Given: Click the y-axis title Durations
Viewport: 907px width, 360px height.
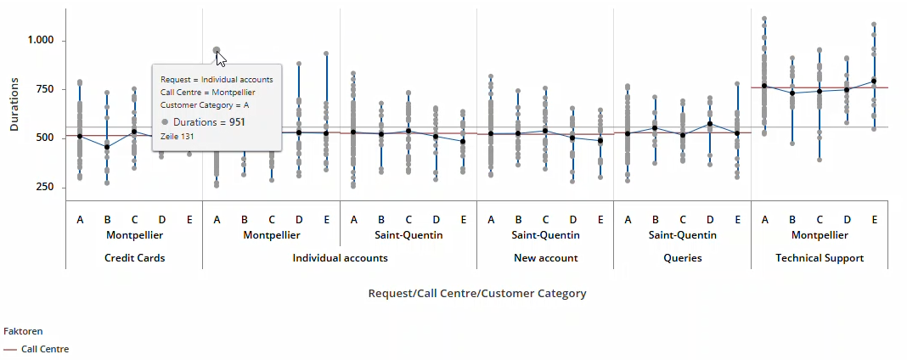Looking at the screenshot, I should click(14, 104).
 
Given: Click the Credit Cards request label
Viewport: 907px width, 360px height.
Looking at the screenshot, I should click(134, 258).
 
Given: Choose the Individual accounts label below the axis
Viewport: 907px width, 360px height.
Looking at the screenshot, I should click(340, 258).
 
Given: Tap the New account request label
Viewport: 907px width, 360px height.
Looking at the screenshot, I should click(545, 258).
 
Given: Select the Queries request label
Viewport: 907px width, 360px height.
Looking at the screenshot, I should click(683, 258).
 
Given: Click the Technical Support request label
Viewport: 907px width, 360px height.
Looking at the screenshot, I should click(820, 258).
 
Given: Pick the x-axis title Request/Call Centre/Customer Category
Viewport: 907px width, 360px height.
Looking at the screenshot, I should click(476, 294).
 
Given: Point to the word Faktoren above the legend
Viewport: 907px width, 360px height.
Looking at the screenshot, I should click(23, 331).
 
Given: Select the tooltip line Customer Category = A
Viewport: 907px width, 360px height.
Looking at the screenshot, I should click(205, 105).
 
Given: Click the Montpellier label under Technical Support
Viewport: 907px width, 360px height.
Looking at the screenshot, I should click(820, 235).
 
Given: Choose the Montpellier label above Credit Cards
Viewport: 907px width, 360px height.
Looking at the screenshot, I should click(134, 235).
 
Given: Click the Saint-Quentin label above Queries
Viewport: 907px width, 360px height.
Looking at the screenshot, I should click(683, 235).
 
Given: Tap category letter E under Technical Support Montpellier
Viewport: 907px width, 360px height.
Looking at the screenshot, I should click(874, 220).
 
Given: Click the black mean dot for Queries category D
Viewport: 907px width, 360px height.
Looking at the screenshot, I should click(710, 124).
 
